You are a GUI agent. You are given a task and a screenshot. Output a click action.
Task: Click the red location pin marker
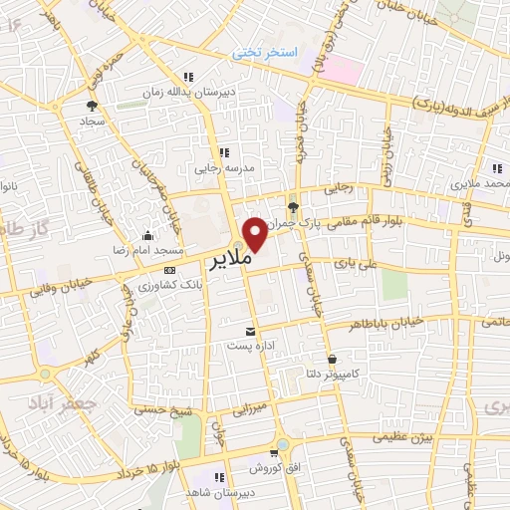coord(256,233)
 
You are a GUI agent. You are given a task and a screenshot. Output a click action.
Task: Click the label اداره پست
coord(250,345)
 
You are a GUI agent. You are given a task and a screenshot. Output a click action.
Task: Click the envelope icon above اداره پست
coord(249,330)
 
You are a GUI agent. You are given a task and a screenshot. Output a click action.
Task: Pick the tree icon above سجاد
coord(93,104)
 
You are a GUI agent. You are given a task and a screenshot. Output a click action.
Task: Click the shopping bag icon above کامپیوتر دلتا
coord(332,358)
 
